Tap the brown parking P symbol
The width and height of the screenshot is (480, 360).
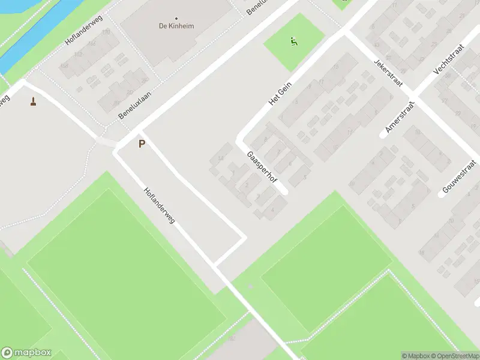click(142, 144)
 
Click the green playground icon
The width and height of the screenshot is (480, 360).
click(294, 42)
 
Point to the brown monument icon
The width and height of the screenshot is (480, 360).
click(33, 101)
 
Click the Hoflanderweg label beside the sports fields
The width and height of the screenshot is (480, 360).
click(159, 206)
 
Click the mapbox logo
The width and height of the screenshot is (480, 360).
click(26, 353)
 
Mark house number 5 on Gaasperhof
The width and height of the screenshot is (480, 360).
click(306, 176)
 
